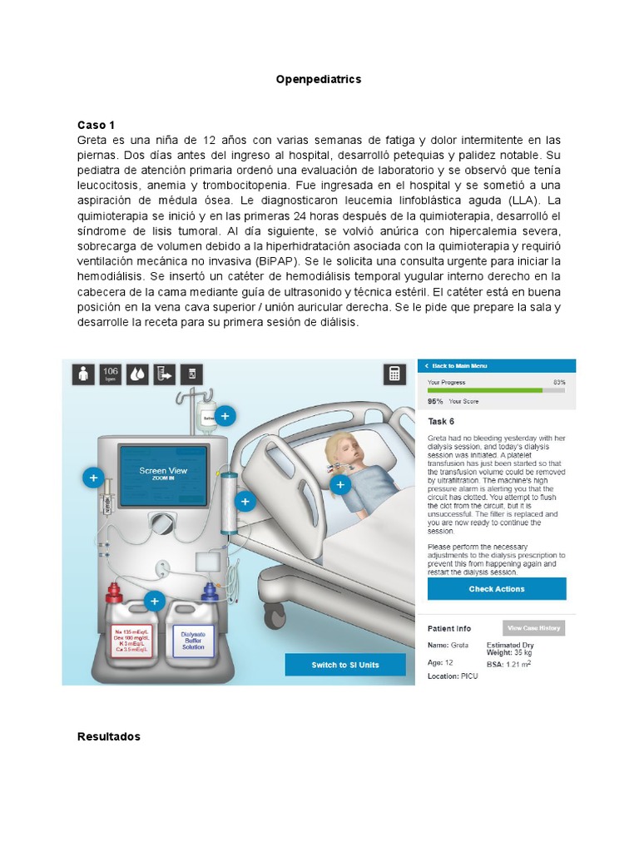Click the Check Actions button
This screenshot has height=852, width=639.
(497, 589)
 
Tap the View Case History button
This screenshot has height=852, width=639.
(534, 628)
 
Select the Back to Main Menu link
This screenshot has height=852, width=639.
(458, 366)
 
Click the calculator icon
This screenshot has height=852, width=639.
(394, 374)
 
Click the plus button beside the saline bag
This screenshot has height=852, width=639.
(225, 415)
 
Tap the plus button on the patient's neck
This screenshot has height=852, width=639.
(338, 484)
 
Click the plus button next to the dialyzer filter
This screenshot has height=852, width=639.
(245, 502)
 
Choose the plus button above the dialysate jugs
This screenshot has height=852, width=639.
(154, 602)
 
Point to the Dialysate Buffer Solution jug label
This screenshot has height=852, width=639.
(193, 639)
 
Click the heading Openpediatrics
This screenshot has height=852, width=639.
(319, 80)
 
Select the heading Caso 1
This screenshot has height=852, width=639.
(96, 125)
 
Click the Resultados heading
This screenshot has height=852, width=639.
(108, 737)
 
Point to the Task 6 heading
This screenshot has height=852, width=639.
(441, 421)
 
